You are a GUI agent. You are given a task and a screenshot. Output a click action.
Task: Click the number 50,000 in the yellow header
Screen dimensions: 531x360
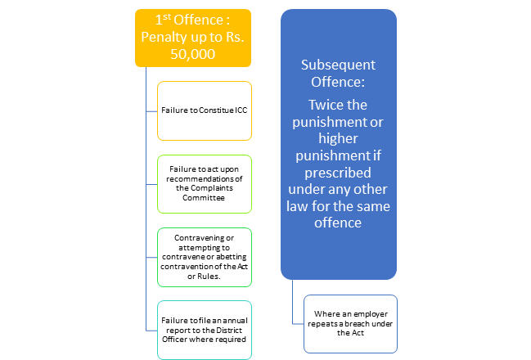[193, 54]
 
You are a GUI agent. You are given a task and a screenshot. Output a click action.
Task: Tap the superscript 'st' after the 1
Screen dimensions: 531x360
[167, 16]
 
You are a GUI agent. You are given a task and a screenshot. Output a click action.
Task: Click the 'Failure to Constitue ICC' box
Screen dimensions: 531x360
[205, 110]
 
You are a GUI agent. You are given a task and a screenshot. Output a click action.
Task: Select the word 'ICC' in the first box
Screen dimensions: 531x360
[241, 110]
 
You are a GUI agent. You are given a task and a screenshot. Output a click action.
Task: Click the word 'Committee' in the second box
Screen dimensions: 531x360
[204, 198]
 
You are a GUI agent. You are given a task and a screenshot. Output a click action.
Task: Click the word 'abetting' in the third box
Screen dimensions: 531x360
[232, 257]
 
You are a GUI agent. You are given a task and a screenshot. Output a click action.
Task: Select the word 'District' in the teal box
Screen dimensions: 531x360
[229, 331]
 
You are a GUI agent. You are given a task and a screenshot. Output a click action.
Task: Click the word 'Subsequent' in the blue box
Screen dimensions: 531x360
[338, 65]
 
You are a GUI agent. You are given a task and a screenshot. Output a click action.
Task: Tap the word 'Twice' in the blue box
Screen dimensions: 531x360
[321, 105]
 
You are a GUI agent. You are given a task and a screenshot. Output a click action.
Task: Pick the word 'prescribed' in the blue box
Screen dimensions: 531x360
[338, 173]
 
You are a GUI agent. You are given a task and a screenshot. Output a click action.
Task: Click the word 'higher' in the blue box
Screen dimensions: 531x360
[338, 139]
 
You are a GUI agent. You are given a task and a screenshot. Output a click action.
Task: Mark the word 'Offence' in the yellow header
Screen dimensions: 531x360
[199, 20]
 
